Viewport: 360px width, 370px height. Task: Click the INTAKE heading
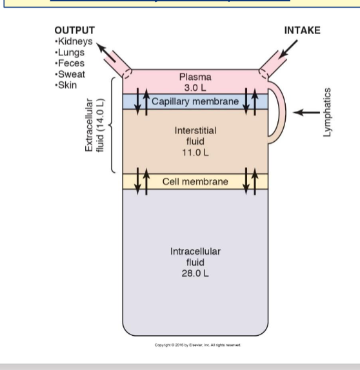coord(302,31)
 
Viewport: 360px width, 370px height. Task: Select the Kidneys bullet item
coord(75,41)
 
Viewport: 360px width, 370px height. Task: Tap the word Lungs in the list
coord(71,52)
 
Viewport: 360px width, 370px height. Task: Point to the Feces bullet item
coord(71,64)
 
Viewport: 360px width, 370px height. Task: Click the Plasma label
coord(195,77)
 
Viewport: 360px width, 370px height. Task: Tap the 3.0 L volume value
coord(195,87)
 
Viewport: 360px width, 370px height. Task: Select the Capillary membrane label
coord(195,102)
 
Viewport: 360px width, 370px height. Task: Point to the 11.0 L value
coord(195,153)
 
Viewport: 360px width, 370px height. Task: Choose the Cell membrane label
coord(195,182)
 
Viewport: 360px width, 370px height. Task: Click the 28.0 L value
coord(195,274)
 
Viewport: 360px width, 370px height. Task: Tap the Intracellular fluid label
coord(195,257)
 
